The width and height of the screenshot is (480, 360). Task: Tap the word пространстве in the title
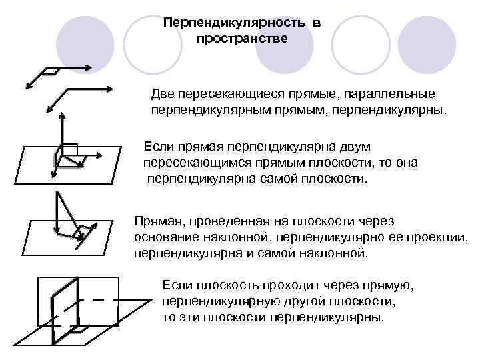coord(242,39)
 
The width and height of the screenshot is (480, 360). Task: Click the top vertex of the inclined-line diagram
coord(57,193)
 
